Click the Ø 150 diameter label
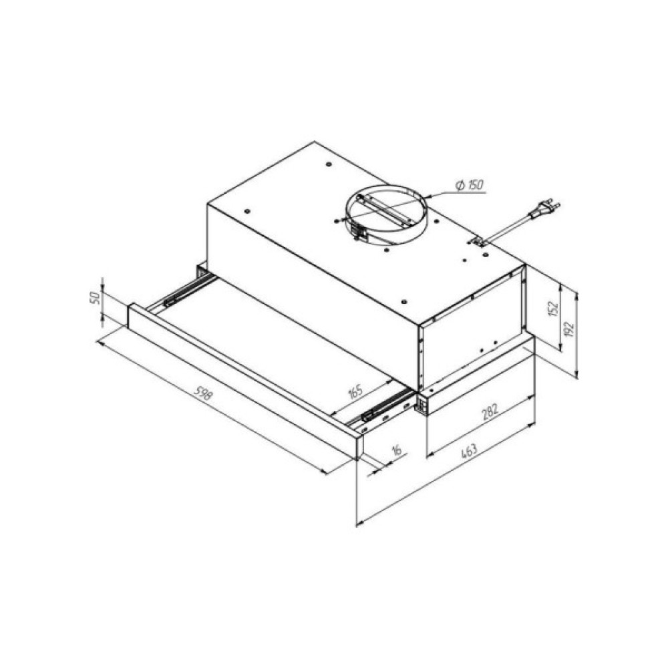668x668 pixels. tap(469, 185)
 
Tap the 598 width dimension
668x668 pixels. tap(203, 393)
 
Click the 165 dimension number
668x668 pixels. tap(355, 391)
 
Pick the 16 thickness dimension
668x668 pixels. tap(396, 450)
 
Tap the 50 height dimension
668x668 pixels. tap(96, 297)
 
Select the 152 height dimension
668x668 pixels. tap(552, 309)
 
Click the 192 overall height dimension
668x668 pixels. tap(569, 329)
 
